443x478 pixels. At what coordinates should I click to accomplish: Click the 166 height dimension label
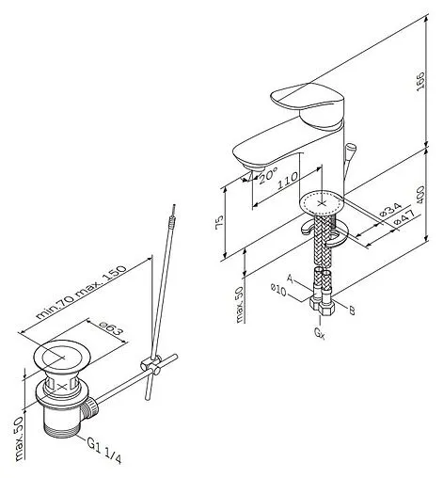coord(420,81)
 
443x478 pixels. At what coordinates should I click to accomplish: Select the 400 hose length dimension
coord(420,195)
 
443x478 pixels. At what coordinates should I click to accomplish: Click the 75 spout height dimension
coord(219,222)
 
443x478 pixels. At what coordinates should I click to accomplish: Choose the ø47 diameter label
coord(403,217)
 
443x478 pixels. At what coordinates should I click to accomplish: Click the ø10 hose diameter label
coord(278,290)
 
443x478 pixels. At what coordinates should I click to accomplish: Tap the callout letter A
coord(291,279)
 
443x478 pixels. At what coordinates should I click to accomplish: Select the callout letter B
coord(352,311)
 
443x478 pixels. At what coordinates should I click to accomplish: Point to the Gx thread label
coord(320,333)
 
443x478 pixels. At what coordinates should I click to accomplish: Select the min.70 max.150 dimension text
coord(81,293)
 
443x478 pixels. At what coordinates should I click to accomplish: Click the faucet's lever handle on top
coord(308,101)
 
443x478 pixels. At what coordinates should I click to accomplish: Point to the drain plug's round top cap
coord(62,357)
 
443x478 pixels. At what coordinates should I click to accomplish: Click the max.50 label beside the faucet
coord(240,305)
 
